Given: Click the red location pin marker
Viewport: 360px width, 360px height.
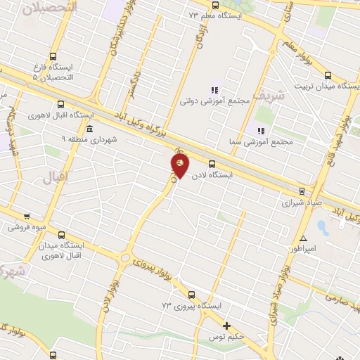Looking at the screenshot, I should pos(180,165).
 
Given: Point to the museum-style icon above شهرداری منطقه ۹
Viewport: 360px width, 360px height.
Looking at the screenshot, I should pos(90,129).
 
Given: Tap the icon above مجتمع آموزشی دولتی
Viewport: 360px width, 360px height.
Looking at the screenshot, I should pos(214,90).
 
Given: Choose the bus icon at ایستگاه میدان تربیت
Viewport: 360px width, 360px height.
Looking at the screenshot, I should pos(328,75).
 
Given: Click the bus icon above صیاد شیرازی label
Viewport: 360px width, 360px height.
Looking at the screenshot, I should pos(302,191).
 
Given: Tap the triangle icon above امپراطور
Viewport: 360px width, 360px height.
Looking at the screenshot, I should pos(303,238).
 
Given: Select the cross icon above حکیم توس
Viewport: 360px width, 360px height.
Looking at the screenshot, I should pos(226,326).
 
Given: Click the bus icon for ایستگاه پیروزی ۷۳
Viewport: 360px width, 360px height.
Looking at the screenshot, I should pos(191,295).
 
